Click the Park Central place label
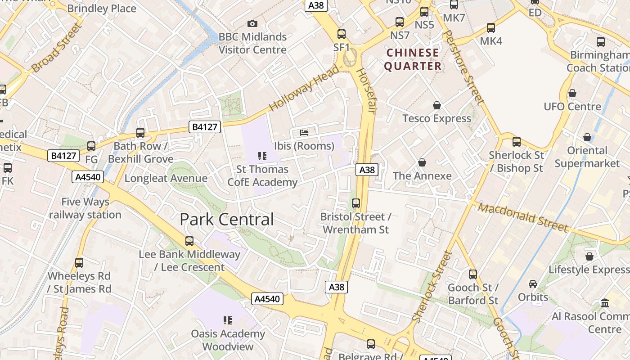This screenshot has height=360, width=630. pyautogui.click(x=227, y=220)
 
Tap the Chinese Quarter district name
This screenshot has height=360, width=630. pyautogui.click(x=413, y=59)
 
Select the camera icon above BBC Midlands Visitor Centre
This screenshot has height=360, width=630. pyautogui.click(x=252, y=23)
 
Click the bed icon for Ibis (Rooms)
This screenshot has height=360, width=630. pyautogui.click(x=304, y=133)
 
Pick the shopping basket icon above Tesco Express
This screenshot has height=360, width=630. pyautogui.click(x=436, y=105)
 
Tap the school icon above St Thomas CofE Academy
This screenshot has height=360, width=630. pyautogui.click(x=262, y=156)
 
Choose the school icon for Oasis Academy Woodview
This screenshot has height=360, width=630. pyautogui.click(x=228, y=320)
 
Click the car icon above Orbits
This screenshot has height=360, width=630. pyautogui.click(x=533, y=284)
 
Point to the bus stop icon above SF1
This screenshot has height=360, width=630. pyautogui.click(x=342, y=34)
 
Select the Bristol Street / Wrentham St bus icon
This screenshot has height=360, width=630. pyautogui.click(x=356, y=203)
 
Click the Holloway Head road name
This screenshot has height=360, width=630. pyautogui.click(x=304, y=88)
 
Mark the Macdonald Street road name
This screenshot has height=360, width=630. pyautogui.click(x=523, y=217)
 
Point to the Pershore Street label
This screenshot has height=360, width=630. pyautogui.click(x=463, y=67)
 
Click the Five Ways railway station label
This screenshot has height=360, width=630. pyautogui.click(x=85, y=208)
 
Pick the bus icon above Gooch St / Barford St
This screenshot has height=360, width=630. pyautogui.click(x=473, y=274)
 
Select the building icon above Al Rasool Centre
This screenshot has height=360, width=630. pyautogui.click(x=604, y=303)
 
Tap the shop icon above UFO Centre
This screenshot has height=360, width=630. pyautogui.click(x=572, y=93)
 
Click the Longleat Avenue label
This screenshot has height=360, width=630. pyautogui.click(x=166, y=178)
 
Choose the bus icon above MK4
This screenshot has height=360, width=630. pyautogui.click(x=491, y=28)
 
